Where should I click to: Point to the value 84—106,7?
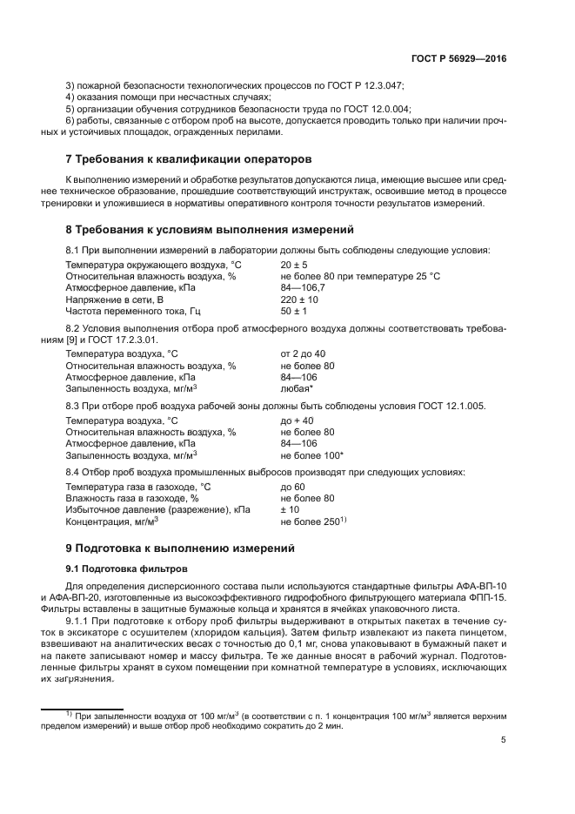[x=303, y=286]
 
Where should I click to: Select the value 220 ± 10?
[x=298, y=298]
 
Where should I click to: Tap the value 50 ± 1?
[x=295, y=309]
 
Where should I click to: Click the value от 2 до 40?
[x=303, y=353]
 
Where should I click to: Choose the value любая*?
[x=298, y=387]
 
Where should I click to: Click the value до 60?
[x=292, y=487]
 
